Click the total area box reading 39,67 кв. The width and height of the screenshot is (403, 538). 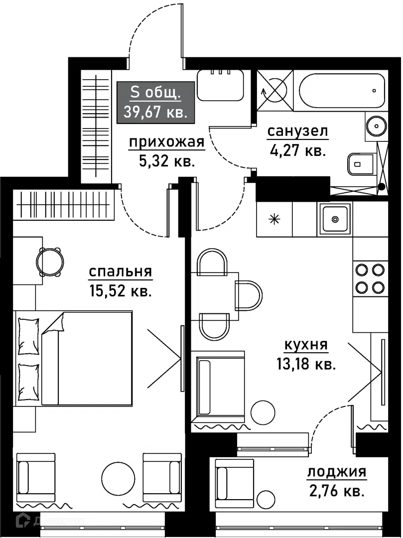pos(155,102)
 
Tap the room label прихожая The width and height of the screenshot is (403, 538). pos(167,142)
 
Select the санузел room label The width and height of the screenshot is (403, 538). pos(297,132)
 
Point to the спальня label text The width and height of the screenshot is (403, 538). pos(120,272)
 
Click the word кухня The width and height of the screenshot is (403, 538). pos(305,345)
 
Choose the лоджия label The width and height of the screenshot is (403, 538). pos(337,472)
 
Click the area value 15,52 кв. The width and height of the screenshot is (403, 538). pos(120,291)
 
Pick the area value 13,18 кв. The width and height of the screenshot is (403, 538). pos(305,364)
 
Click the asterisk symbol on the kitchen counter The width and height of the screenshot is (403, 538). pos(273,219)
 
